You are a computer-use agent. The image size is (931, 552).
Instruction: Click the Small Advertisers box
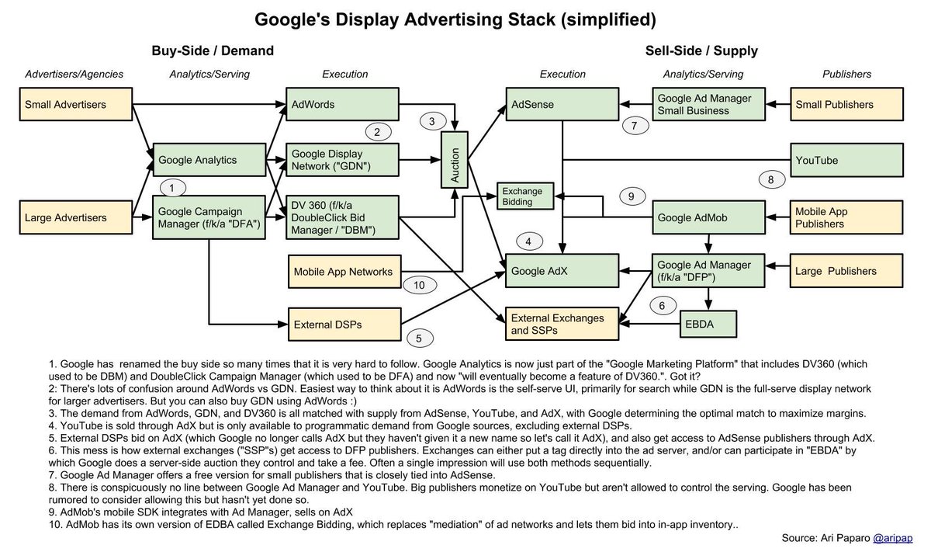click(74, 104)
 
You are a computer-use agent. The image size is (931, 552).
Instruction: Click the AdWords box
click(341, 104)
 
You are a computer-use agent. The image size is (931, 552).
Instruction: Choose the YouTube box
click(846, 161)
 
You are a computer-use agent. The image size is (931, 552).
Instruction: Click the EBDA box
click(708, 322)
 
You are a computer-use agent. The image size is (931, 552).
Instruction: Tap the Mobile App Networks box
click(341, 273)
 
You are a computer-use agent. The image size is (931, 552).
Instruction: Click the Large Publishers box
click(846, 272)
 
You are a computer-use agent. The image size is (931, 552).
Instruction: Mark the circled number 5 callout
click(419, 338)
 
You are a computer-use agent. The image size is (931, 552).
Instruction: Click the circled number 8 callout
click(770, 180)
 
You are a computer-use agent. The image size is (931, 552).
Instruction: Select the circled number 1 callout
click(171, 188)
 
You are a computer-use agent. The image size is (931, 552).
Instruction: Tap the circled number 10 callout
click(419, 285)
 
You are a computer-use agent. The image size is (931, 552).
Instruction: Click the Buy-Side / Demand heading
click(213, 51)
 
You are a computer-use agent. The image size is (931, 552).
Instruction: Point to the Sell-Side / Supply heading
click(701, 51)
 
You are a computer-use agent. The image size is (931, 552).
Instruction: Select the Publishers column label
click(846, 75)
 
